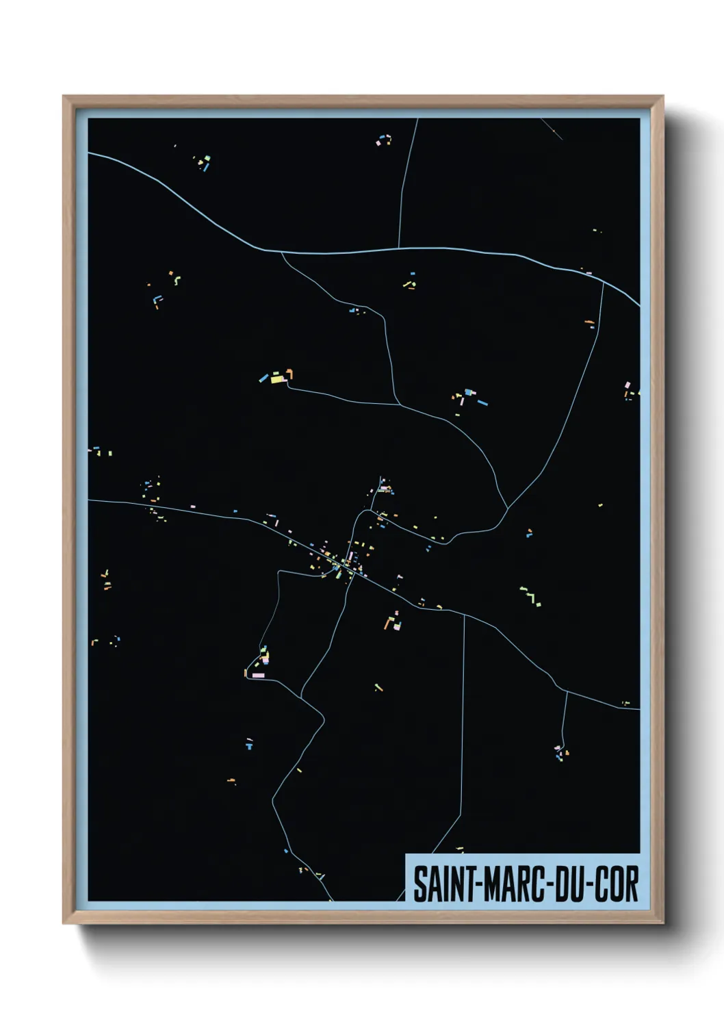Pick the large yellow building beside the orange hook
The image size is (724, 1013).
point(277,378)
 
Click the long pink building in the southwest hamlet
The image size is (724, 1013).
point(258,676)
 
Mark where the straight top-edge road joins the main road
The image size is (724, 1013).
point(399,248)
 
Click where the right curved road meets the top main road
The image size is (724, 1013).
point(603,282)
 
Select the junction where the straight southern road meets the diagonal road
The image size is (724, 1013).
point(465,615)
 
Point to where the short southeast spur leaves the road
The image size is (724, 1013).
point(567,691)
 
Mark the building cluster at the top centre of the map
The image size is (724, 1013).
point(384,140)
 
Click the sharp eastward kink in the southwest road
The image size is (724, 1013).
point(323,719)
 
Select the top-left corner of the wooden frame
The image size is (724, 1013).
point(64,97)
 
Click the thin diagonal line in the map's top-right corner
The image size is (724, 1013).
point(552,129)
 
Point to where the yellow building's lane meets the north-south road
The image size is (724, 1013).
point(399,404)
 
